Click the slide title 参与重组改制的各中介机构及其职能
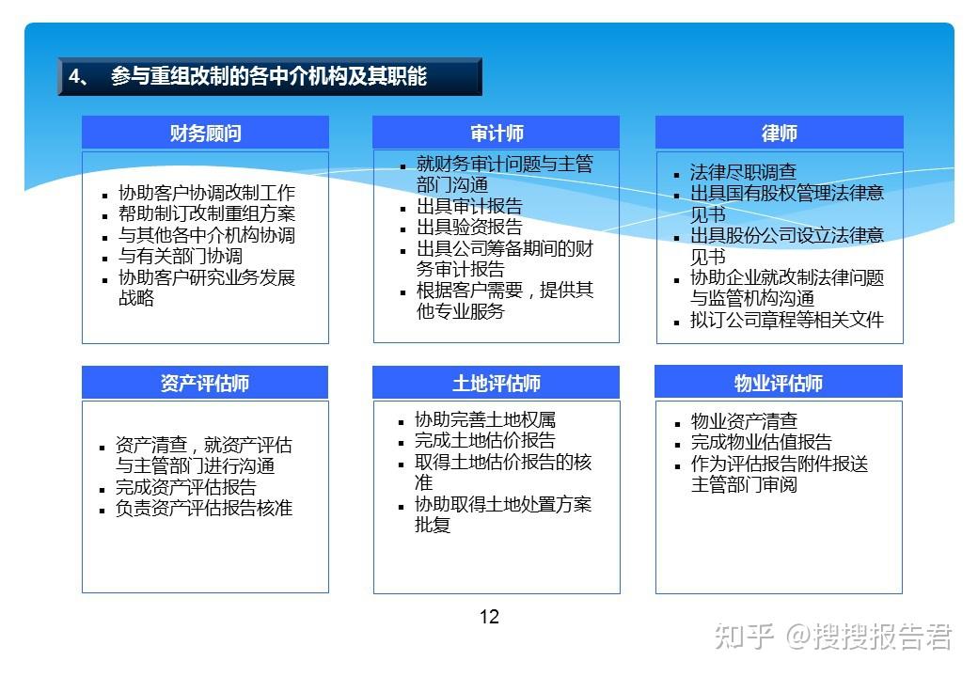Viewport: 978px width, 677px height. coord(268,77)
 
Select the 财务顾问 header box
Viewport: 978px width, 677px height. coord(205,133)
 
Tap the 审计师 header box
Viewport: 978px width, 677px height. coord(497,133)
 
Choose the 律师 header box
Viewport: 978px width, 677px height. coord(779,133)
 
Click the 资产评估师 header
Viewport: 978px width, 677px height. coord(205,383)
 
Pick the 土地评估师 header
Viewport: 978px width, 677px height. coord(497,383)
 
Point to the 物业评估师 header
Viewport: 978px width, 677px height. coord(779,383)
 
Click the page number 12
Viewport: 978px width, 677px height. coord(489,617)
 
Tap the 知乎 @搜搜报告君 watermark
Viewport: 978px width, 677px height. coord(832,637)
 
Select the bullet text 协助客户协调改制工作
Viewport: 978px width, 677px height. coord(206,193)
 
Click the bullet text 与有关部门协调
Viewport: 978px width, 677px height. coord(180,256)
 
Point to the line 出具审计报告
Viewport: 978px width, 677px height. coord(469,207)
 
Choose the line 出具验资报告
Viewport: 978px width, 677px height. coord(469,228)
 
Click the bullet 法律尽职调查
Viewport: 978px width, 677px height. coord(743,172)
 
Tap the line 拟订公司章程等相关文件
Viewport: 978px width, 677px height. coord(787,320)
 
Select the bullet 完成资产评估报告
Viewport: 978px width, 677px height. coord(185,487)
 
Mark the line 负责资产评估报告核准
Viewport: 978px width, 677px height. coord(204,508)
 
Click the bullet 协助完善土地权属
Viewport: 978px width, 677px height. coord(484,419)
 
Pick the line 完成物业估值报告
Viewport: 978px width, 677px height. coord(761,442)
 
